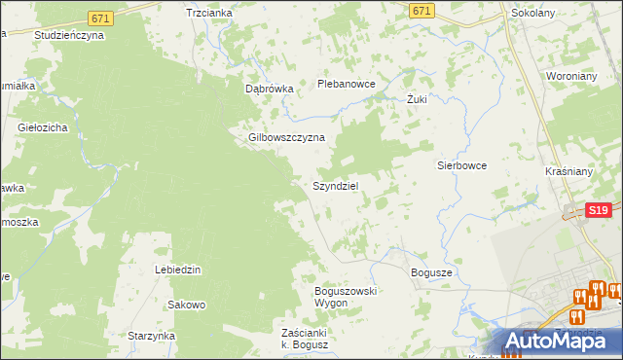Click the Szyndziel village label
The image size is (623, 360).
click(337, 186)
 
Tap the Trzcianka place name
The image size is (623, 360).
click(208, 13)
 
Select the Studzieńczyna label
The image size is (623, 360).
click(68, 34)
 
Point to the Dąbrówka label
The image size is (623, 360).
click(269, 89)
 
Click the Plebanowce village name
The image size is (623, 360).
click(347, 85)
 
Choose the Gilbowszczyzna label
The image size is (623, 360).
click(286, 137)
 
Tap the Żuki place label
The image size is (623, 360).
click(417, 99)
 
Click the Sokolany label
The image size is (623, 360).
click(533, 15)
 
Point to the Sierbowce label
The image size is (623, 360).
click(460, 165)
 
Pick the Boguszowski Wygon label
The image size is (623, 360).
click(346, 297)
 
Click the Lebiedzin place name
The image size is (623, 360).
click(177, 270)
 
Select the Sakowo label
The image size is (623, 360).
click(186, 305)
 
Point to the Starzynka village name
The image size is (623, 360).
click(151, 336)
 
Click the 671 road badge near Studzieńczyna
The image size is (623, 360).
click(99, 18)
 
